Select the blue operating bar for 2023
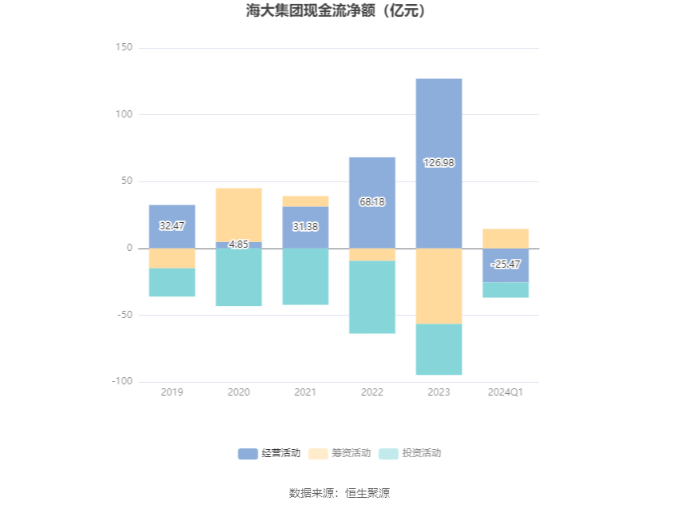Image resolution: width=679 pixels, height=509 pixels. point(439,200)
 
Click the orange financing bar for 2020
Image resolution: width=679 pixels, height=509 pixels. point(239,214)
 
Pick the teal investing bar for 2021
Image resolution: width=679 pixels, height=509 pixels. point(305,276)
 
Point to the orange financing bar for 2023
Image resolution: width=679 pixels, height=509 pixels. point(439,286)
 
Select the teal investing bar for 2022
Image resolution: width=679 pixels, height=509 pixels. point(371,297)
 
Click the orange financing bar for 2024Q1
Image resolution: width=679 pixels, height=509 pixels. point(506,238)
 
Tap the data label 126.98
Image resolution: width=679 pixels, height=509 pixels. point(439,162)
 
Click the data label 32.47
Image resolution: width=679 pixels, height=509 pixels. point(172,226)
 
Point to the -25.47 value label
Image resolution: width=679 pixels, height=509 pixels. point(506,264)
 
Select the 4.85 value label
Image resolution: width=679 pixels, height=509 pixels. point(239,245)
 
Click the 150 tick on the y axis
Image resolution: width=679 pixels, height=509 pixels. point(123,48)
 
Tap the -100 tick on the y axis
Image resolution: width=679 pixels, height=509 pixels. point(121,381)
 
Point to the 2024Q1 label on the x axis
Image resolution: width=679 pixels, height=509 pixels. point(506,392)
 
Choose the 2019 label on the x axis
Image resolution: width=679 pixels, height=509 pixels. point(172,392)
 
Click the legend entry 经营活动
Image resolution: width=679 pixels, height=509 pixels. point(269,454)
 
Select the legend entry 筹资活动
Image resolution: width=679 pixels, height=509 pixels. point(339,454)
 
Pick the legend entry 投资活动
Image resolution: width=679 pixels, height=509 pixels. point(410,454)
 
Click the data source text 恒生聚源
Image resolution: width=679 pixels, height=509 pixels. point(367,493)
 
